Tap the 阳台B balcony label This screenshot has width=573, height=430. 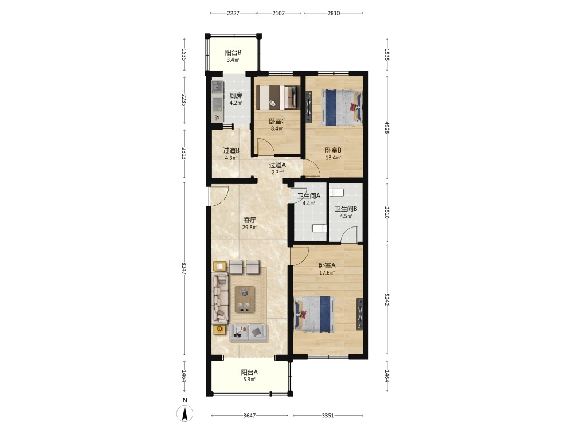point(233,53)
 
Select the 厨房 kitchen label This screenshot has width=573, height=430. point(236,96)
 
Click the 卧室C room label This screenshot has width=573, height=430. point(277,122)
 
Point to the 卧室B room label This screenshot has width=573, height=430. point(333,150)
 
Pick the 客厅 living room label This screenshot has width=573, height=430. point(250,220)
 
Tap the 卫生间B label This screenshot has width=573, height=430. point(346,209)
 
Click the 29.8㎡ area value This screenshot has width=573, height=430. point(250,228)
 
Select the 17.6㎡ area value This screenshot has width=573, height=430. point(327,273)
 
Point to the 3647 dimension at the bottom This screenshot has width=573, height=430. point(249,415)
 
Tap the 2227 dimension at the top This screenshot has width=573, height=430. point(233,13)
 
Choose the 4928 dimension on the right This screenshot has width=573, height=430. point(387,127)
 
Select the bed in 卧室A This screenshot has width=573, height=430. point(315,314)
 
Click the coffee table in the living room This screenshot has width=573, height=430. point(245,299)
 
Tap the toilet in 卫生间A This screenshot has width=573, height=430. point(319,229)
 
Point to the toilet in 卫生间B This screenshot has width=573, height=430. point(336,192)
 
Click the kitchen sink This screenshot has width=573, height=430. point(217,87)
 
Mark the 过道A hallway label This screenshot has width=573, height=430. point(277,165)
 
